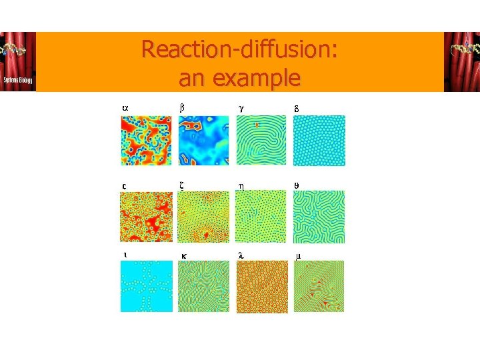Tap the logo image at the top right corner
[x=461, y=61]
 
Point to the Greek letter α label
[x=124, y=107]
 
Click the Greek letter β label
[x=182, y=107]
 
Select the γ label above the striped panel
[x=241, y=107]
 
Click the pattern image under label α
[x=145, y=141]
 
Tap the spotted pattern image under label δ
[x=319, y=141]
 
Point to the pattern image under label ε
[x=145, y=217]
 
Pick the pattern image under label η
[x=261, y=217]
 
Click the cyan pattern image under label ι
[x=145, y=286]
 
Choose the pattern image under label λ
[x=261, y=286]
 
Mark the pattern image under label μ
[x=319, y=286]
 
